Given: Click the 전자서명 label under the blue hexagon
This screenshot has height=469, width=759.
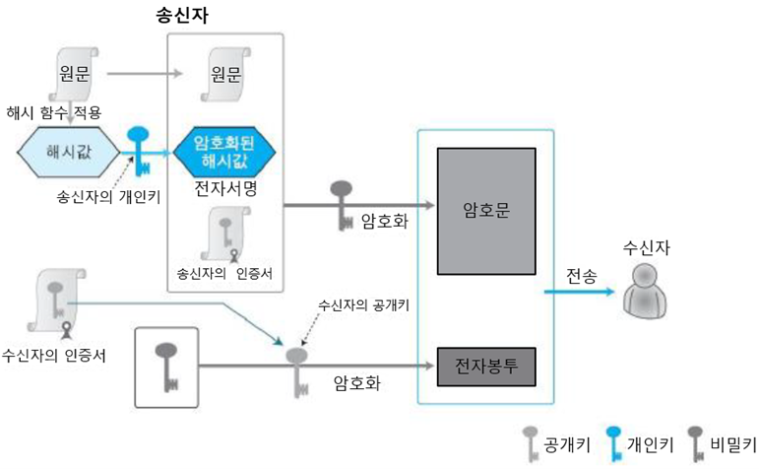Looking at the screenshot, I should coord(225,190).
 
